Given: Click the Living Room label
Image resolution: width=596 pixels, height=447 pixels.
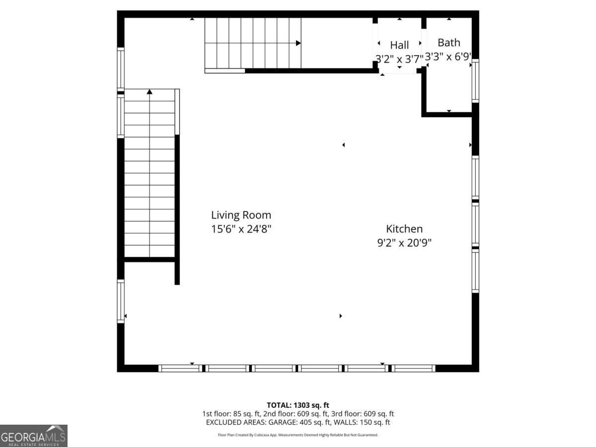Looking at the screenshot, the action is [x=241, y=215].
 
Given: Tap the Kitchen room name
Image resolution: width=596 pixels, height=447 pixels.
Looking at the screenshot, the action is [x=404, y=229].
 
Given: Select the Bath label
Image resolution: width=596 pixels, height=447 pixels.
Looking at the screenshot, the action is [x=449, y=43].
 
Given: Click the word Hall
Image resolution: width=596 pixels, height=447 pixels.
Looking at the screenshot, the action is [x=399, y=45].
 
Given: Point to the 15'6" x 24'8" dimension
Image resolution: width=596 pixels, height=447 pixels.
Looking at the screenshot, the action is [x=241, y=229].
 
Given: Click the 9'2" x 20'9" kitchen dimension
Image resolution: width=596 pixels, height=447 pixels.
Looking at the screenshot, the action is [x=404, y=242].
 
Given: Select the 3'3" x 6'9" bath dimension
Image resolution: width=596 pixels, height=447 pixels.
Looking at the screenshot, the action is [x=448, y=57].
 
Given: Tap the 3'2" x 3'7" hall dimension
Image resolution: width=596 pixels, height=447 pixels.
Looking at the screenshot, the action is [x=399, y=59].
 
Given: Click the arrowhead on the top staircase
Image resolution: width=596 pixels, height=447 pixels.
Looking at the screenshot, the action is [x=298, y=43].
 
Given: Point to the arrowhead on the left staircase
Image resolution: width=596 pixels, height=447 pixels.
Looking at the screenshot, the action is [x=149, y=92].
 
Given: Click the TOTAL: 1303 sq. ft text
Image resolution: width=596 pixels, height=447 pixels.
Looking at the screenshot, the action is [x=298, y=405].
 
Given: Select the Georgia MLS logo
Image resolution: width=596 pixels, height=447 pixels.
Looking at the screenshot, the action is [x=33, y=436].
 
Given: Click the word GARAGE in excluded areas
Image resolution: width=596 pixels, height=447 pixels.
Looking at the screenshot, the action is [x=283, y=422].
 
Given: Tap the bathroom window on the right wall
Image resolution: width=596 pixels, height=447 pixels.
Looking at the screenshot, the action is [x=475, y=80].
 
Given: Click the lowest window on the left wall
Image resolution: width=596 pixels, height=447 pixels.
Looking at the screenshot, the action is [x=121, y=301].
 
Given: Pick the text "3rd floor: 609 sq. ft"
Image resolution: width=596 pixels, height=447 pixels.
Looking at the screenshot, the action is [x=362, y=414].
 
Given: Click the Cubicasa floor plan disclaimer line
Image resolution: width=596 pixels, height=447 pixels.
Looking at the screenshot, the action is [x=298, y=435].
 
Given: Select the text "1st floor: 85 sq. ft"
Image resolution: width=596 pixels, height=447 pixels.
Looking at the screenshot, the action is [x=231, y=414].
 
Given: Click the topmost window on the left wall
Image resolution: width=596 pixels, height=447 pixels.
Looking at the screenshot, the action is [x=121, y=68].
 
